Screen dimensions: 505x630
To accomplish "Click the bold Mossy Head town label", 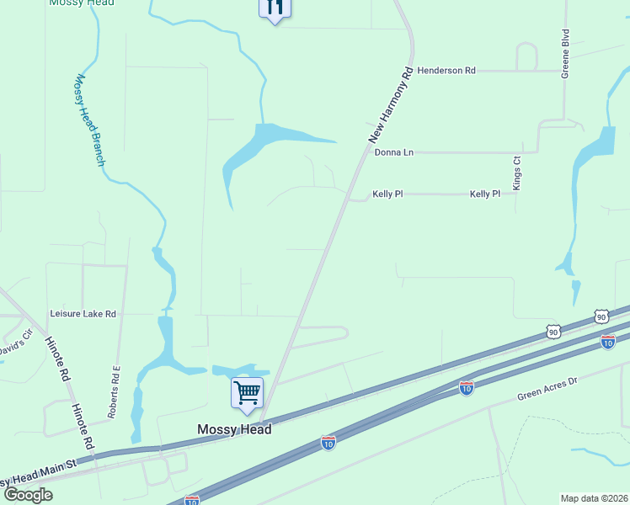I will coord(234,429).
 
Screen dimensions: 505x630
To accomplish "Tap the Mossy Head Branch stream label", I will coord(88,120).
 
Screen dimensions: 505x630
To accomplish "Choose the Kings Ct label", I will coord(517,172).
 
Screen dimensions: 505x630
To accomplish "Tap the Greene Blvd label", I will coord(566,53).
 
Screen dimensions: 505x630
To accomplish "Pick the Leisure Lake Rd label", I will coord(83,314).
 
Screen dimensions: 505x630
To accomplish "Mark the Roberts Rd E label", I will coord(115,392).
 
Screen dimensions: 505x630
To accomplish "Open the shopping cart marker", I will coord(247,392).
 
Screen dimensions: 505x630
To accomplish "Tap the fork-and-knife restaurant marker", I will coord(275,8).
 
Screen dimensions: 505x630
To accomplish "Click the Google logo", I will coord(28,494).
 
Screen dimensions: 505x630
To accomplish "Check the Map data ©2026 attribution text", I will coord(593,498).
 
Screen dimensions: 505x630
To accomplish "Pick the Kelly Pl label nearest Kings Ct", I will coord(484,194).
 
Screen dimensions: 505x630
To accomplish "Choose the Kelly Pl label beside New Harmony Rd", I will coord(387,194).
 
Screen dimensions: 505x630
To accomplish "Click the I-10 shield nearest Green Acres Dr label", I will coord(467,387).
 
